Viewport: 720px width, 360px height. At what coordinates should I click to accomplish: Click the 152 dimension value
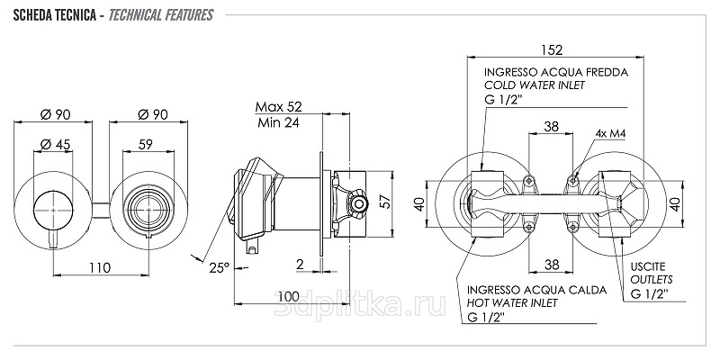point(552,49)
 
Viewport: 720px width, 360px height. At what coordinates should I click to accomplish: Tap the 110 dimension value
point(100,267)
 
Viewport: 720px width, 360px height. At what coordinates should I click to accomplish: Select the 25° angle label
point(219,267)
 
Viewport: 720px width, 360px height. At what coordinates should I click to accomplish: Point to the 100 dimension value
point(288,296)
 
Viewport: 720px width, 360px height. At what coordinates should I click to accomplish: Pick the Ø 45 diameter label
point(55,144)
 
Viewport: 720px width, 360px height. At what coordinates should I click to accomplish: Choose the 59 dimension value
point(145,144)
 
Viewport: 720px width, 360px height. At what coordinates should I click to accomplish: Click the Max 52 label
point(279,106)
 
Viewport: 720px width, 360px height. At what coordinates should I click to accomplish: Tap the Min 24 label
point(278,122)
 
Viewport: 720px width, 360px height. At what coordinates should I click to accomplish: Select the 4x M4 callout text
point(611,133)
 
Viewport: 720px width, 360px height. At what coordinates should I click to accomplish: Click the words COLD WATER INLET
point(535,85)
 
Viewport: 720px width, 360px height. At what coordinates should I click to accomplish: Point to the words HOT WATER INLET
point(512,303)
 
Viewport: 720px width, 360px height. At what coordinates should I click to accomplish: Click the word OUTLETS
point(651,279)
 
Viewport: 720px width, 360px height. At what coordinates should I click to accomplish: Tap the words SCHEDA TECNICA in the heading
point(54,15)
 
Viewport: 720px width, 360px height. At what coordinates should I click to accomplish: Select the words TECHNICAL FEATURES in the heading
point(161,15)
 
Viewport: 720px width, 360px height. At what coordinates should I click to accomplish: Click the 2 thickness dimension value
point(301,264)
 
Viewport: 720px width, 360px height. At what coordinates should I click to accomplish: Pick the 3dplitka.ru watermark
point(359,305)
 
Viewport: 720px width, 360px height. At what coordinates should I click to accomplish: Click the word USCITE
point(647,266)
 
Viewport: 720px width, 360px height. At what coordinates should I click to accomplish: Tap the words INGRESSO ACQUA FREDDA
point(556,73)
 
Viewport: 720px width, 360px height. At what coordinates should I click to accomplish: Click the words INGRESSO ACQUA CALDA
point(536,290)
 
